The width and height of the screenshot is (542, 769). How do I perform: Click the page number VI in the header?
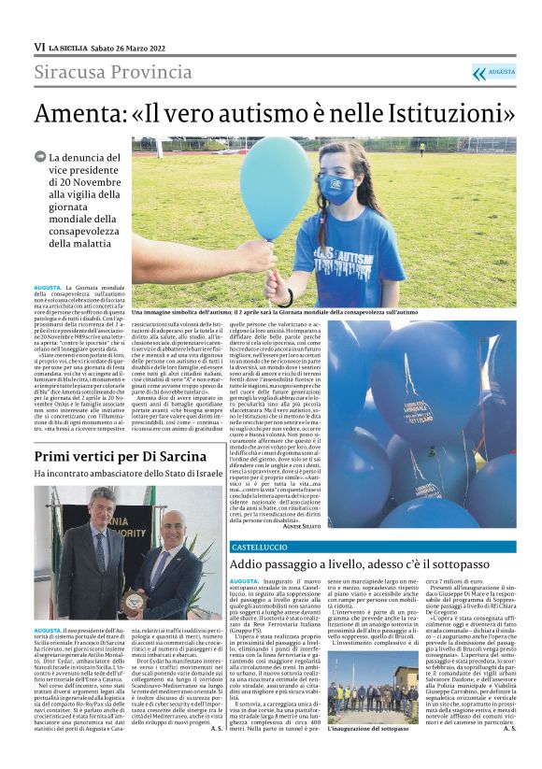[39, 47]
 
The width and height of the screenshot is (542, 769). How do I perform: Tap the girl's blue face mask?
[335, 188]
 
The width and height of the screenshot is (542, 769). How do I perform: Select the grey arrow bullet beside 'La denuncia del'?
[40, 157]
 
